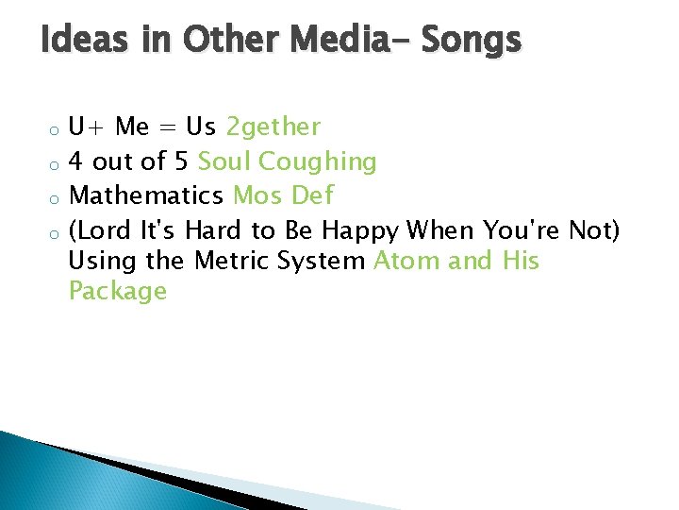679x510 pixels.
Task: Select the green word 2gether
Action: coord(273,127)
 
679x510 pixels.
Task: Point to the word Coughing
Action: coord(318,162)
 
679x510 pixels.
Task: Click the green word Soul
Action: coord(224,162)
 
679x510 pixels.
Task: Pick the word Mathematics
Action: coord(146,196)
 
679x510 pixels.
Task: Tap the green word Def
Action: coord(312,196)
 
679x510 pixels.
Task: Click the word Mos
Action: coord(257,196)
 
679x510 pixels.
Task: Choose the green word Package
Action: coord(118,292)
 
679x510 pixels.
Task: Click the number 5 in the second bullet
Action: coord(181,162)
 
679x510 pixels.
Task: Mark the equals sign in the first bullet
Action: coord(170,127)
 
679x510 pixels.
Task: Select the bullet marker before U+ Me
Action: coord(57,129)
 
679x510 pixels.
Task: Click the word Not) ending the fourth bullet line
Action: coord(594,229)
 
